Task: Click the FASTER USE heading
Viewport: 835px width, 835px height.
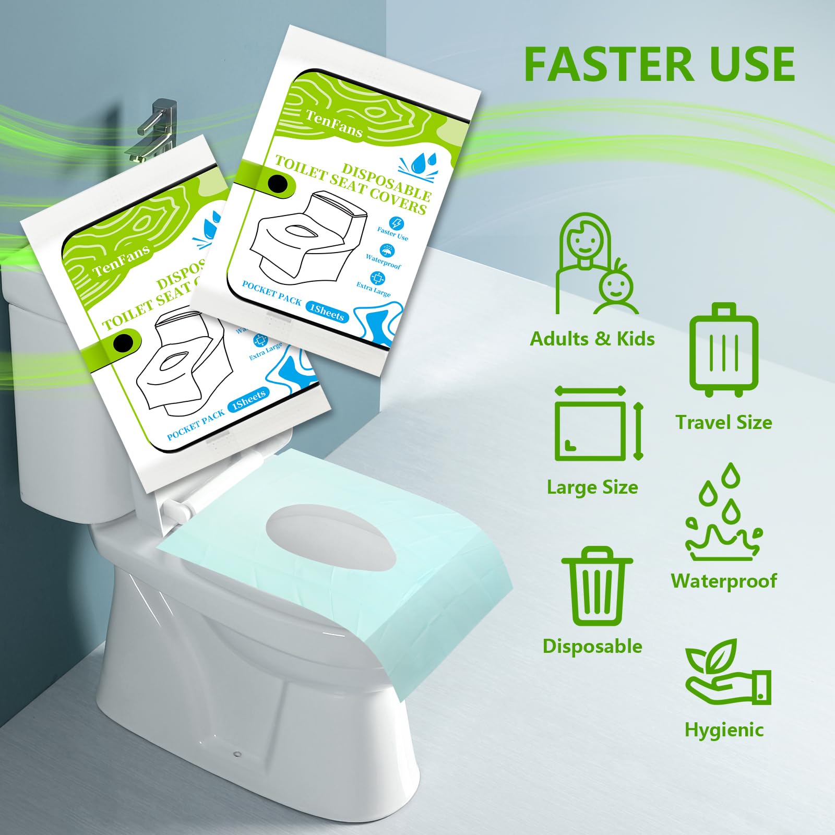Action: pos(659,64)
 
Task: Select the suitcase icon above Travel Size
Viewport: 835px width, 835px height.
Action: pos(723,350)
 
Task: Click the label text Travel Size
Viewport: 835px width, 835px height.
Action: pos(723,422)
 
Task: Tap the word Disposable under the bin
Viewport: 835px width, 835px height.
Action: pos(592,646)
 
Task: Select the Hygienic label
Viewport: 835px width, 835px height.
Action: pos(724,730)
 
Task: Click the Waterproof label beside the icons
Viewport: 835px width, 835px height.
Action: pos(724,581)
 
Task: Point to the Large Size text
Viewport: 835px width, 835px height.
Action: pos(592,487)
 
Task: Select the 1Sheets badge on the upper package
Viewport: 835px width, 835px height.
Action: pos(327,312)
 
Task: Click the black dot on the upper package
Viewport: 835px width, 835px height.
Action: pos(278,184)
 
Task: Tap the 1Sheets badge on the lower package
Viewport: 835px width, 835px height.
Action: pos(248,400)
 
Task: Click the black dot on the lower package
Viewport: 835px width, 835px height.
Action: pos(124,343)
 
